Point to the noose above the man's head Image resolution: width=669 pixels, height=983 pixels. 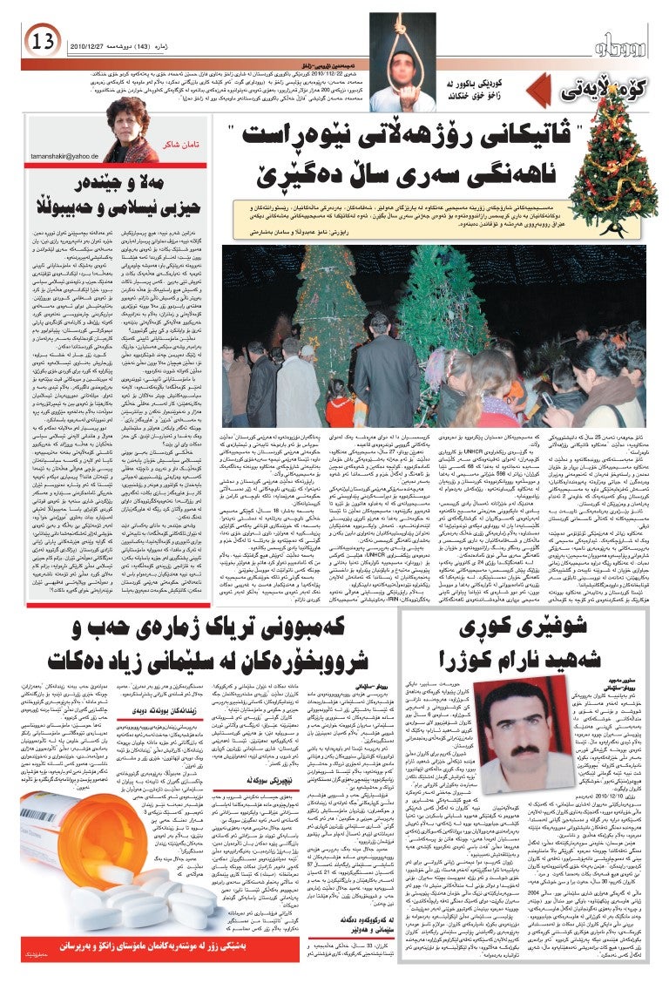pos(402,39)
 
